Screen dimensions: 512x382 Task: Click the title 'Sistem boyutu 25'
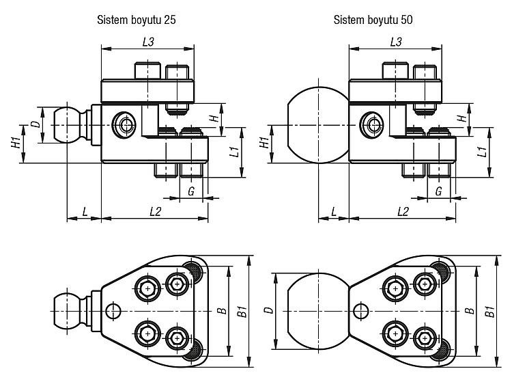136,20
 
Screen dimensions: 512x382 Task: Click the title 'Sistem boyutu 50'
373,20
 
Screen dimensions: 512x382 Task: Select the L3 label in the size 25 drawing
148,42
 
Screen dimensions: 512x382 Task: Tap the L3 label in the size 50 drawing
396,42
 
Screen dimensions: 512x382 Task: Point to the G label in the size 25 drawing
191,191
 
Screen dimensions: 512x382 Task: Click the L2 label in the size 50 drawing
403,212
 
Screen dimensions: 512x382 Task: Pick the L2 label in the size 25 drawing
155,212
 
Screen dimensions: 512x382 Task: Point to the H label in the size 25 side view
214,118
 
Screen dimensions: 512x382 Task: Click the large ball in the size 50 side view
319,125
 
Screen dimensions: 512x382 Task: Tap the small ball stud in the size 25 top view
68,311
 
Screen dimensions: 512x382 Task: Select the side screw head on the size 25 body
124,125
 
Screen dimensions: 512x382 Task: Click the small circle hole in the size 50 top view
361,310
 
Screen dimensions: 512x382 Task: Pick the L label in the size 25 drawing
85,212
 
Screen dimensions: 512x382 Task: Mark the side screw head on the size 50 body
371,125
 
